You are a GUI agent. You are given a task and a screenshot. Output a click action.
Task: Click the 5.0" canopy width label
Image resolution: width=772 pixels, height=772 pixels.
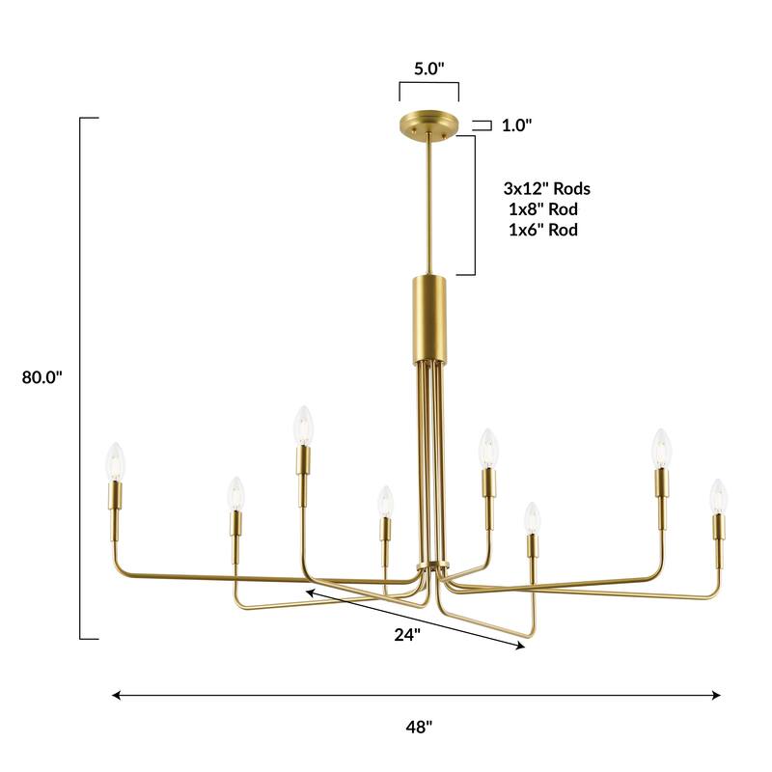pyautogui.click(x=428, y=69)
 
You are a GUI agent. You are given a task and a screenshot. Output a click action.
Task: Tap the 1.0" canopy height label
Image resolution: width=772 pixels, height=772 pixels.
pyautogui.click(x=516, y=125)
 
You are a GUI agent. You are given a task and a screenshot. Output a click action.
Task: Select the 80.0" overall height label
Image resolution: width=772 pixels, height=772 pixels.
pyautogui.click(x=41, y=377)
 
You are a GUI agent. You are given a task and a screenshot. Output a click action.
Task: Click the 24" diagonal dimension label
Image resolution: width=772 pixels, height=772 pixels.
pyautogui.click(x=407, y=634)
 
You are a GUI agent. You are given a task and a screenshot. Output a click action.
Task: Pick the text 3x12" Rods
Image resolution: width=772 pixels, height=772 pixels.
pyautogui.click(x=547, y=188)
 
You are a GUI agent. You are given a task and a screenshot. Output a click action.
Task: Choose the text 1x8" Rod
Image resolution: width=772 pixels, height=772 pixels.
pyautogui.click(x=542, y=209)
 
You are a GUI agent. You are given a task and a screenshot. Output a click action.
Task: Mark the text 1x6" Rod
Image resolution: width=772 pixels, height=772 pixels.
pyautogui.click(x=542, y=230)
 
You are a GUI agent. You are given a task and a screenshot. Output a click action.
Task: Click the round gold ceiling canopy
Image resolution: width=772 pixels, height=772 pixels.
pyautogui.click(x=428, y=125)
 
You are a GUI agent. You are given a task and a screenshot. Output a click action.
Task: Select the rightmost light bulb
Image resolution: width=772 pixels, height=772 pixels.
pyautogui.click(x=718, y=495)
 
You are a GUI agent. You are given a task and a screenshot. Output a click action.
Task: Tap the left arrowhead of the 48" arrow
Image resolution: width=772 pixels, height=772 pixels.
pyautogui.click(x=117, y=695)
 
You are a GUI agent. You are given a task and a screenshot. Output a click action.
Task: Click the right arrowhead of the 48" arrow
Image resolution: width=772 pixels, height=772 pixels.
pyautogui.click(x=717, y=695)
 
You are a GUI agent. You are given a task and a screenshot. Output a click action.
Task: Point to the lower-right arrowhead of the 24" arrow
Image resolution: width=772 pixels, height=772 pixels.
pyautogui.click(x=522, y=648)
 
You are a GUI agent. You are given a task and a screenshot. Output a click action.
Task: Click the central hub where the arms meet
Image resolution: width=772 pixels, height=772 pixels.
pyautogui.click(x=429, y=569)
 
